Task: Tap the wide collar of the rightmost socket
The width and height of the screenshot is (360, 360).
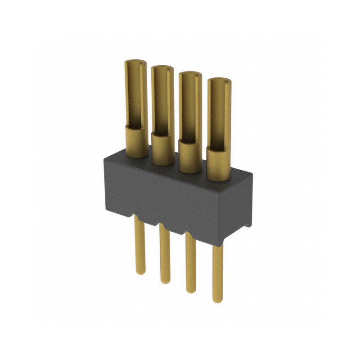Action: pyautogui.click(x=219, y=164)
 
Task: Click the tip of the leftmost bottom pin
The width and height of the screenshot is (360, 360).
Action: pyautogui.click(x=140, y=271)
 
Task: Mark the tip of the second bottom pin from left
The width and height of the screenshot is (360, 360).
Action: pyautogui.click(x=165, y=281)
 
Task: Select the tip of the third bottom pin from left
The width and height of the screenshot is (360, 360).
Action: pyautogui.click(x=191, y=291)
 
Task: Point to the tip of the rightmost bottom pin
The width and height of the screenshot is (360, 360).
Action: pyautogui.click(x=218, y=300)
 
